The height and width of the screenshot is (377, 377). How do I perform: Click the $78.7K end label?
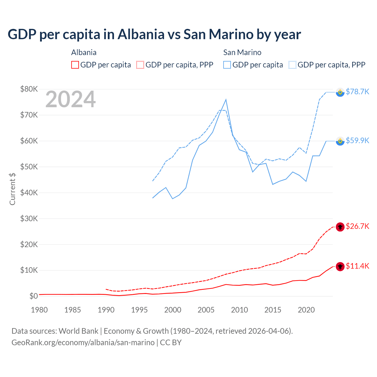coord(357,92)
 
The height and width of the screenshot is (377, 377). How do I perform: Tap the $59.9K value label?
coord(357,140)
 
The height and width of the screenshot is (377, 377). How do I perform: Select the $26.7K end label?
coord(357,226)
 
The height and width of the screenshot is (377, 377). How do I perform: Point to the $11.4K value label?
coord(357,266)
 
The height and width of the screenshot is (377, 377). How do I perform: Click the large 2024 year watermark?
coord(70,99)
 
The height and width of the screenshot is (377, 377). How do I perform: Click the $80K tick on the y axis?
coord(29,89)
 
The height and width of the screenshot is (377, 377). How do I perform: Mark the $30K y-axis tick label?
coord(29,219)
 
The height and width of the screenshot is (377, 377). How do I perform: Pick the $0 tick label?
coord(33,296)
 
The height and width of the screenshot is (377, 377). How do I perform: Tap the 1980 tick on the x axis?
coord(39,310)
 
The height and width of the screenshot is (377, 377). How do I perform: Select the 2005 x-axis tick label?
coord(206,310)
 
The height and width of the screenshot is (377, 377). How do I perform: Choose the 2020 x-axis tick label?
coord(306,310)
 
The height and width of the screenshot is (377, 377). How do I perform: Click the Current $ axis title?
coord(12,189)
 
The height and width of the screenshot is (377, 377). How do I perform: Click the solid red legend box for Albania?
coord(75,65)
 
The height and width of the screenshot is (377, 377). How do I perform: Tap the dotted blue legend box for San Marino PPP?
coord(292,65)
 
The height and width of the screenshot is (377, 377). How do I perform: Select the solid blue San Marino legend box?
coord(227,65)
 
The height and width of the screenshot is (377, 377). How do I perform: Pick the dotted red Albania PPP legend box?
coord(140,65)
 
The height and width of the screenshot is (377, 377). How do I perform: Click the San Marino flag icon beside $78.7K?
coord(340,92)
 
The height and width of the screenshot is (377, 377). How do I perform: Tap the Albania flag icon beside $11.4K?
coord(340,267)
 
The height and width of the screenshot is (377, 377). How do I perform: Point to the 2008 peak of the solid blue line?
coord(226,100)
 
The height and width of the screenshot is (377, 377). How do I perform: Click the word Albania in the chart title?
coord(141,34)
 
